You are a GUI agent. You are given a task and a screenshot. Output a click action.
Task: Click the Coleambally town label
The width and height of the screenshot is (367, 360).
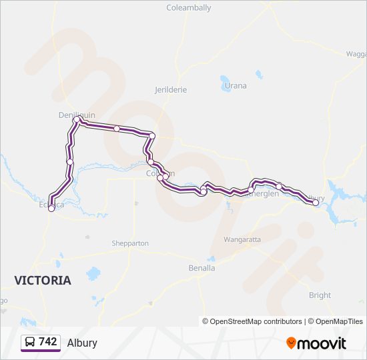[x=189, y=8]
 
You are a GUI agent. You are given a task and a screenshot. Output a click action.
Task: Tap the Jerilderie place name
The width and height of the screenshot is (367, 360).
[x=171, y=89]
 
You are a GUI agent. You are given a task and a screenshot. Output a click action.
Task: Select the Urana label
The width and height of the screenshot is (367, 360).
[x=236, y=85]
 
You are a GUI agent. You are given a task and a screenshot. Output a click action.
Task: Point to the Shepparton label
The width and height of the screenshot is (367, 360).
[x=130, y=243]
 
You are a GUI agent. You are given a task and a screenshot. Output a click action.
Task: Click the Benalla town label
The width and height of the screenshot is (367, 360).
[x=202, y=268]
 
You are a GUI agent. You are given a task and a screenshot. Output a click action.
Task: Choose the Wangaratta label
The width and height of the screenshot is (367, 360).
[x=242, y=239]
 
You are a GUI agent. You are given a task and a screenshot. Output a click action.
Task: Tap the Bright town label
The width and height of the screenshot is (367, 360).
[x=320, y=295]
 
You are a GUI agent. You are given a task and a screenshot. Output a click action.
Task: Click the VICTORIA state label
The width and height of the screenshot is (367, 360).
[x=43, y=281]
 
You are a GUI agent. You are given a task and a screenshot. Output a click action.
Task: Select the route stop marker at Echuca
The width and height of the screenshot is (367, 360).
[x=51, y=209]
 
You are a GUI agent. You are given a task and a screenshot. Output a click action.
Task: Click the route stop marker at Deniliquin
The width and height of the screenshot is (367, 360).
[x=76, y=120]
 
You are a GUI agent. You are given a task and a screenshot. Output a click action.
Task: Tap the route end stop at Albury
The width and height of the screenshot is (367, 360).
[x=316, y=203]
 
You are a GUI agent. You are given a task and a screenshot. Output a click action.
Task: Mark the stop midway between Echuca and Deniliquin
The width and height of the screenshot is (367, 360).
[x=69, y=161]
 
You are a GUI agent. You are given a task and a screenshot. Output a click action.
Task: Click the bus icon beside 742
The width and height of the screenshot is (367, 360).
[x=30, y=342]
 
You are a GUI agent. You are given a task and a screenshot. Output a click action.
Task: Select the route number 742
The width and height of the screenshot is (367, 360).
[x=48, y=342]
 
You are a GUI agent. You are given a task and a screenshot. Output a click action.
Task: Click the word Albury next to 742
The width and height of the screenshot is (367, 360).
[x=82, y=343]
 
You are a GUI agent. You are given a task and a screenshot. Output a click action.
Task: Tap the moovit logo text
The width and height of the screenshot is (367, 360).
[x=322, y=343]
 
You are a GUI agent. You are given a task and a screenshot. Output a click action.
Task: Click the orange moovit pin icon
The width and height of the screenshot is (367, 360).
[x=291, y=343]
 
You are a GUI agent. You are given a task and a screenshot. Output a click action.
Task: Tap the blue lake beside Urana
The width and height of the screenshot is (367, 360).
[x=224, y=83]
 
